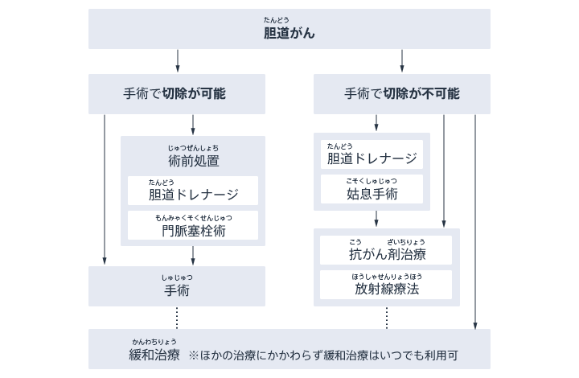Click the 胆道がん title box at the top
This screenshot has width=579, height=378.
(289, 30)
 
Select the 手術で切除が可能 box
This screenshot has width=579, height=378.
(176, 93)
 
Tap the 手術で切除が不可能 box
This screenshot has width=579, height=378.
(401, 93)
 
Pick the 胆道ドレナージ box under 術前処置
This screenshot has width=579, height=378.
(193, 191)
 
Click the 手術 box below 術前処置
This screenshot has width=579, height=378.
(176, 286)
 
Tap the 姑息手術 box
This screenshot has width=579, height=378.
(372, 190)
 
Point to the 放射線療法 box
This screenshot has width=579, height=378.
(387, 285)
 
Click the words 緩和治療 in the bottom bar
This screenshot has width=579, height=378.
(154, 355)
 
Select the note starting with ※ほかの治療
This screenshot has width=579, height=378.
(328, 355)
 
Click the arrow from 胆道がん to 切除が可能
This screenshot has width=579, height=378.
(177, 61)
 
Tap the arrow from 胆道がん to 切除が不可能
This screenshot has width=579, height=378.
(402, 61)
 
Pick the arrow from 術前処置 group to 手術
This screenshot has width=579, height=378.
(193, 256)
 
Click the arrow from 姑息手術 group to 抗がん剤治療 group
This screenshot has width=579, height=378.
(376, 219)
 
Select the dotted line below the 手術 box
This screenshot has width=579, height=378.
(177, 317)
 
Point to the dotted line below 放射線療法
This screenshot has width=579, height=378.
(387, 317)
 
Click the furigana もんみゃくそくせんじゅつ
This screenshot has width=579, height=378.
(194, 218)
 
